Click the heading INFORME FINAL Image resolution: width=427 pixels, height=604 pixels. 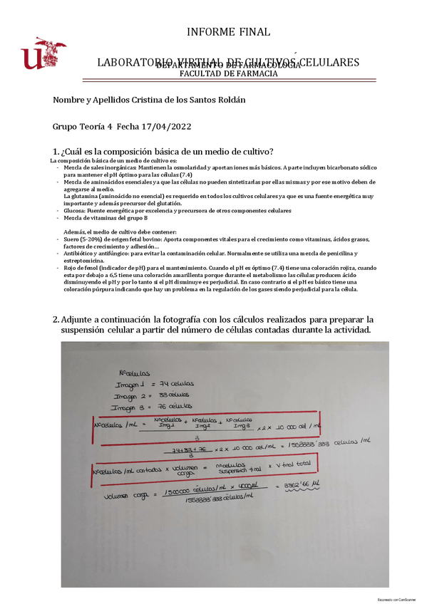click(228, 31)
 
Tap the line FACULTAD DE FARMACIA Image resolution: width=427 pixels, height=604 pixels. click(228, 73)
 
